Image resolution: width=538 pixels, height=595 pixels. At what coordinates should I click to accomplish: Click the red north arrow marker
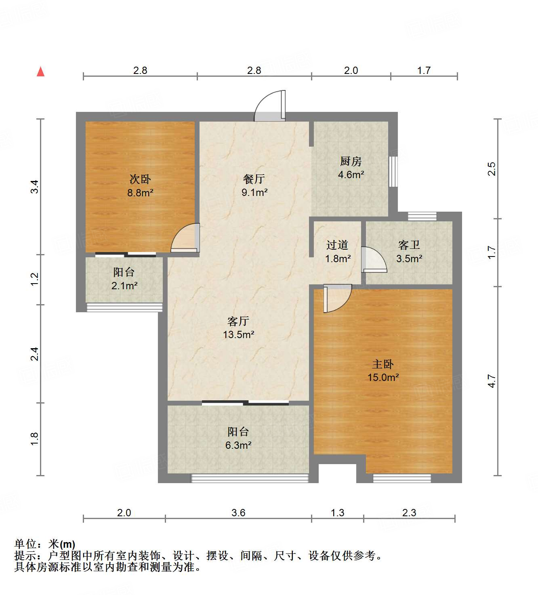point(40,71)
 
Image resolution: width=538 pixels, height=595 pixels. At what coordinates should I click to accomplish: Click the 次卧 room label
point(140,179)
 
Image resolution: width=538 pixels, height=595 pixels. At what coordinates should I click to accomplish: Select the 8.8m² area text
point(140,193)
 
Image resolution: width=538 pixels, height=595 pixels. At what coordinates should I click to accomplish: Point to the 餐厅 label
point(254,179)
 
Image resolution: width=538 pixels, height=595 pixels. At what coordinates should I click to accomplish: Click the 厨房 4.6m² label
point(351,168)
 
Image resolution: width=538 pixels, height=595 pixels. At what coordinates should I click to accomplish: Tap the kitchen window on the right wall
point(393,171)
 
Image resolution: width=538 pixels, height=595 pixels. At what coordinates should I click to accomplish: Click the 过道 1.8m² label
point(338,252)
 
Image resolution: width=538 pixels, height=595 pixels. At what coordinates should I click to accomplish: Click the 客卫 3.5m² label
point(409,252)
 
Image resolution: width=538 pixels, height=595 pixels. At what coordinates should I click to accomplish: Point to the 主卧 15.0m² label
point(383,371)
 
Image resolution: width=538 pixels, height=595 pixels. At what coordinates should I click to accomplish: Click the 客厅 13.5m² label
point(238,328)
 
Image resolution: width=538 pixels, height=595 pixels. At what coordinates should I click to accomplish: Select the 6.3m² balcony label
point(238,445)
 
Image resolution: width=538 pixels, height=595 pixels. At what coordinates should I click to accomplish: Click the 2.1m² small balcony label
point(124,286)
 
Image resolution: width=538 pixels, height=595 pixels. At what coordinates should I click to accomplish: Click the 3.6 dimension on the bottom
point(238,513)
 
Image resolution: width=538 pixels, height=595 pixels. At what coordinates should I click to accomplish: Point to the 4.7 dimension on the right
point(491,381)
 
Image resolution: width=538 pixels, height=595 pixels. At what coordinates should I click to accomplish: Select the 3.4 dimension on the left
point(35,186)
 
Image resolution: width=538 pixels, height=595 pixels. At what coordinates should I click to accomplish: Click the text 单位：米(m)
point(44,544)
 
